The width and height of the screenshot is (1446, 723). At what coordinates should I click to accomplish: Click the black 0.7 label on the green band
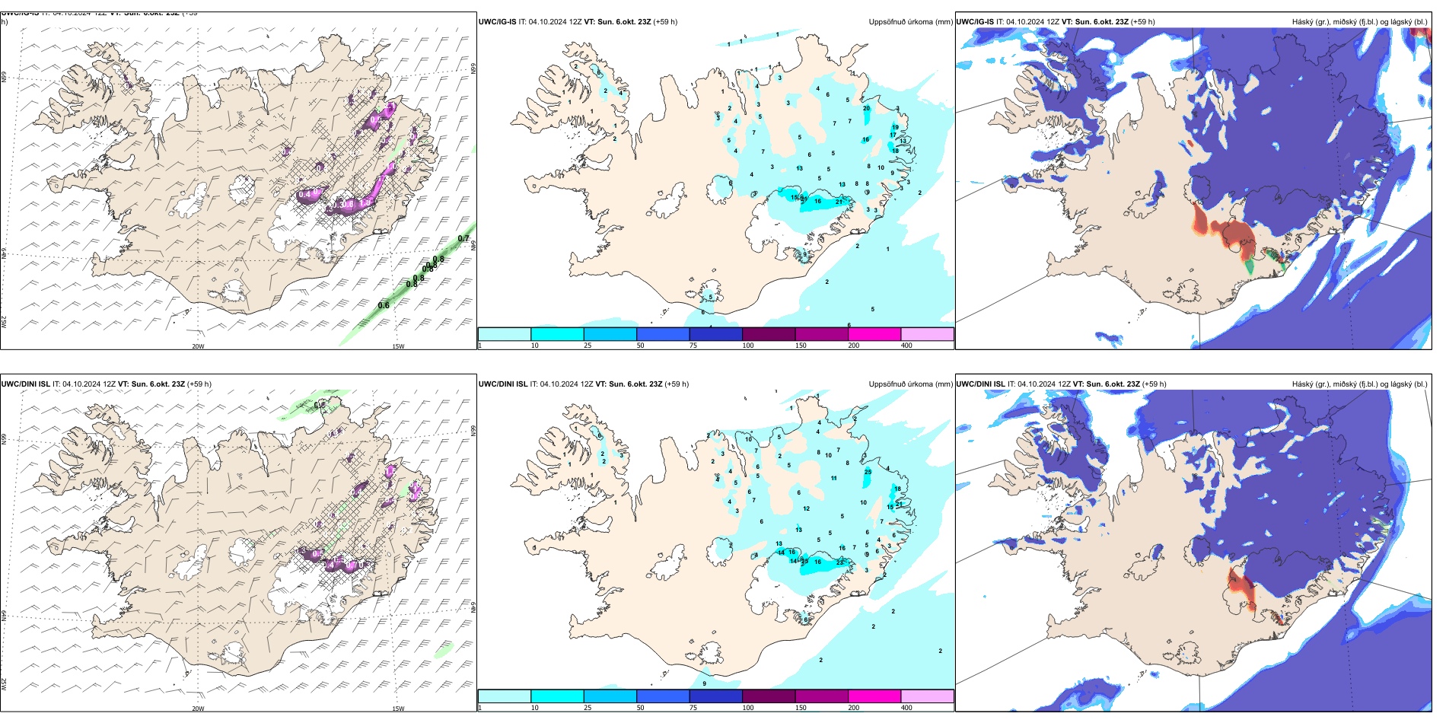click(x=463, y=239)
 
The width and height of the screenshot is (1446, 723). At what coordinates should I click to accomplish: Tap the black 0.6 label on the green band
click(x=384, y=305)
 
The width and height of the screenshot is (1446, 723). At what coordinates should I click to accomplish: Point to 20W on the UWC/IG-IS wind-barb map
click(x=198, y=346)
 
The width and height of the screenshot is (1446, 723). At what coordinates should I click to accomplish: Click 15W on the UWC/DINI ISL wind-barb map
click(x=397, y=709)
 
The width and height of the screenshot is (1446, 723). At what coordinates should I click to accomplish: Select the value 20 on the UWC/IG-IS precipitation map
click(x=866, y=108)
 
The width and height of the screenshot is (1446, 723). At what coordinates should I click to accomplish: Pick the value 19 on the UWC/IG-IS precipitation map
click(x=895, y=127)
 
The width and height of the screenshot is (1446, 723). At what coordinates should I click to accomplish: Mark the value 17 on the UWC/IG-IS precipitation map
click(x=893, y=135)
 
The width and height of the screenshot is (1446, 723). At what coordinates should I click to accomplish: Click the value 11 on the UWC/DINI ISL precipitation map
click(x=834, y=478)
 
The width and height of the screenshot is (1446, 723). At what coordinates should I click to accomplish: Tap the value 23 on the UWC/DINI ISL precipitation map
click(x=840, y=562)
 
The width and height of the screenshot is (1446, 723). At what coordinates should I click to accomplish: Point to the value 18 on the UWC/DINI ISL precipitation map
click(x=898, y=489)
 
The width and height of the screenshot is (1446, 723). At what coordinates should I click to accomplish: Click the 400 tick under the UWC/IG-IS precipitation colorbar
click(x=906, y=346)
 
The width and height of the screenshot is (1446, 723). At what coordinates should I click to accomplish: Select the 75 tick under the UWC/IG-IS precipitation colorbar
click(x=693, y=346)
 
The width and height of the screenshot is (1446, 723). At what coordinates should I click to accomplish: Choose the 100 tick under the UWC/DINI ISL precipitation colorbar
click(x=748, y=708)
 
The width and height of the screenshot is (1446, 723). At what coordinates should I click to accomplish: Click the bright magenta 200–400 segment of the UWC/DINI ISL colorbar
click(x=874, y=696)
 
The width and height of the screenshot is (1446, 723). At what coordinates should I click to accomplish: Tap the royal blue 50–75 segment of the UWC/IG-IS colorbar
click(x=662, y=334)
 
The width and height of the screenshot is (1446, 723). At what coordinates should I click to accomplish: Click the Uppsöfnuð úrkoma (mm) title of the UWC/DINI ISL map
click(x=910, y=384)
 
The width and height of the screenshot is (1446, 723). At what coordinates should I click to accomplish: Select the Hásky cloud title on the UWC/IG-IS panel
click(x=1359, y=22)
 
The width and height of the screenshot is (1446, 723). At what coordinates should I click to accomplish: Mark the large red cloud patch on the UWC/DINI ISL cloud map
click(x=1241, y=586)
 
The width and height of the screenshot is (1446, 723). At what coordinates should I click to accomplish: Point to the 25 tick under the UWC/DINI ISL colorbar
click(x=588, y=708)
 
